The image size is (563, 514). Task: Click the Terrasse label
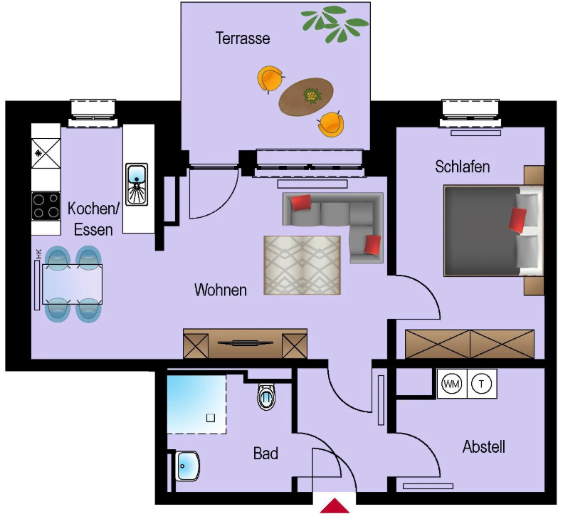pyautogui.click(x=243, y=38)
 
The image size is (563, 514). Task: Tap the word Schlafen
pyautogui.click(x=463, y=167)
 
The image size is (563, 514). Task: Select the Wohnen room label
pyautogui.click(x=221, y=290)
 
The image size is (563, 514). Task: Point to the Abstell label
pyautogui.click(x=484, y=447)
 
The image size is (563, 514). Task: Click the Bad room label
pyautogui.click(x=265, y=453)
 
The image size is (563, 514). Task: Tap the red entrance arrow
pyautogui.click(x=335, y=505)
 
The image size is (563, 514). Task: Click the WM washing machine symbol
pyautogui.click(x=451, y=384)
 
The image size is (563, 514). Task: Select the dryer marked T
pyautogui.click(x=483, y=384)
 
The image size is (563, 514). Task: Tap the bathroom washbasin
pyautogui.click(x=187, y=466)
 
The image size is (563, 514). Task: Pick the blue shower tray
pyautogui.click(x=196, y=404)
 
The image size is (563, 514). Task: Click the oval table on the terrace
pyautogui.click(x=306, y=96)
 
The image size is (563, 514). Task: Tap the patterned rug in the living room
pyautogui.click(x=302, y=265)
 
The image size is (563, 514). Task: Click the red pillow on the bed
pyautogui.click(x=518, y=220)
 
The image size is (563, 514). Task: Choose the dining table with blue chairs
pyautogui.click(x=72, y=283)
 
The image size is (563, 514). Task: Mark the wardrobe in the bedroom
pyautogui.click(x=469, y=344)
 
